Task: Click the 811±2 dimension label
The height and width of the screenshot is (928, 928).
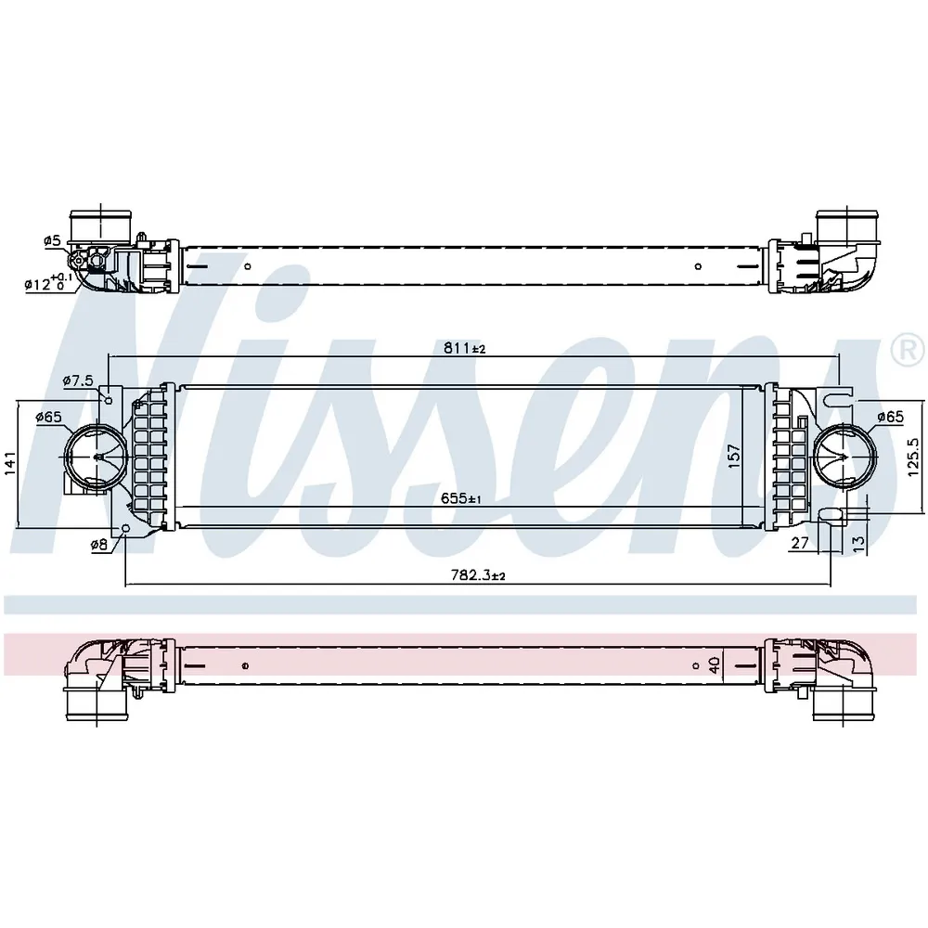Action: point(464,348)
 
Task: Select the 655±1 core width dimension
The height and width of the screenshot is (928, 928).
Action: point(460,498)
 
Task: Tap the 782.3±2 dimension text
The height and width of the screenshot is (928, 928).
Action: point(478,575)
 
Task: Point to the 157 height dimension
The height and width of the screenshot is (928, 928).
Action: point(734,457)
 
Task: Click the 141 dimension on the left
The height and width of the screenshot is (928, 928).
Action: point(10,463)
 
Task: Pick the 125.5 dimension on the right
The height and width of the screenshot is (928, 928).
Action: point(912,457)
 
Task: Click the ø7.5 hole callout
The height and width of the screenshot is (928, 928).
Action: point(78,380)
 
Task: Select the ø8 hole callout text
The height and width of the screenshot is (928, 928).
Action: point(99,545)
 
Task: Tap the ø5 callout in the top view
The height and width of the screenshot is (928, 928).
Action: point(52,240)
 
